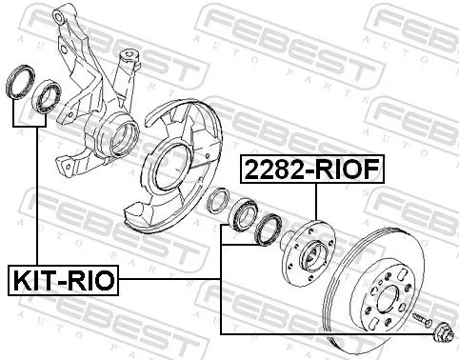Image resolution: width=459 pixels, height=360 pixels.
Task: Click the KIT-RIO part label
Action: coord(63,281)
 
